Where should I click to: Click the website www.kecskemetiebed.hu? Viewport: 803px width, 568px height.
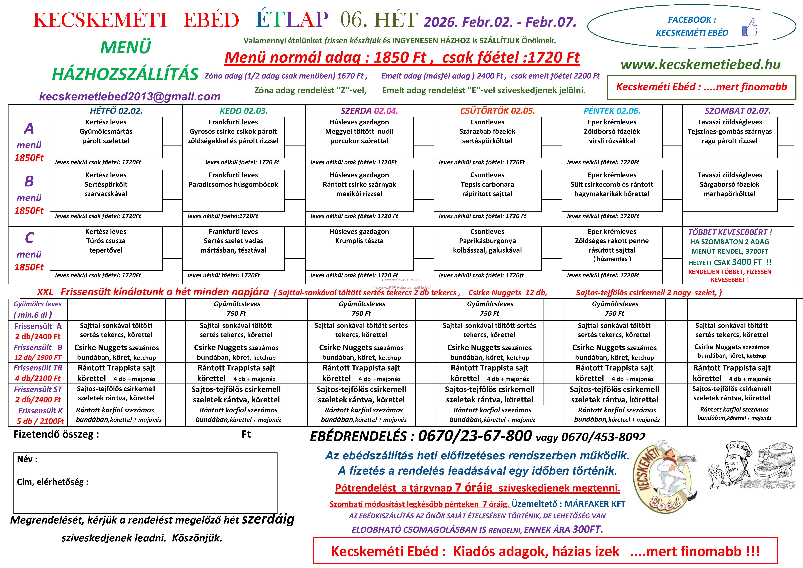click(x=701, y=64)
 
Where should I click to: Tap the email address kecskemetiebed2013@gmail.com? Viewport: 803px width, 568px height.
click(x=130, y=97)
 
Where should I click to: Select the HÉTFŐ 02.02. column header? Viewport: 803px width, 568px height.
click(x=116, y=111)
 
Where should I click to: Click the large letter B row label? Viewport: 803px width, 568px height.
click(x=29, y=181)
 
